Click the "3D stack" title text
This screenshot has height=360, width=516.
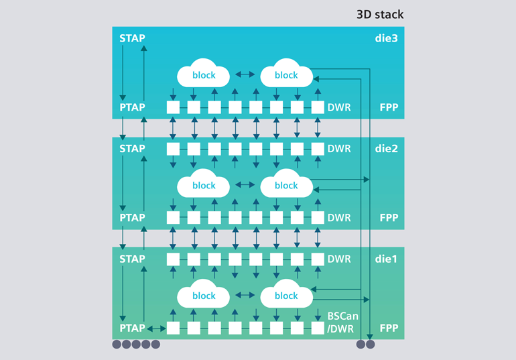(379, 14)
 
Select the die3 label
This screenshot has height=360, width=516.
(386, 38)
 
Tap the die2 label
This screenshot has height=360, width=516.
(386, 148)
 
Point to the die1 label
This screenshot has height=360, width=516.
(386, 258)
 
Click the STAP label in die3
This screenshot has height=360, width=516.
(131, 38)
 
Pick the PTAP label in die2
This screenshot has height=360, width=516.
(131, 218)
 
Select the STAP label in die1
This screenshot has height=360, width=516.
(131, 258)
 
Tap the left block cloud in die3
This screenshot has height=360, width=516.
(204, 75)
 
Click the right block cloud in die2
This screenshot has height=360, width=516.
(286, 185)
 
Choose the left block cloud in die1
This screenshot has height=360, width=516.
(204, 295)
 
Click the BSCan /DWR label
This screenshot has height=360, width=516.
(341, 321)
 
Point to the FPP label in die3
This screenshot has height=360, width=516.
(389, 107)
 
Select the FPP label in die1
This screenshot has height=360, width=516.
(389, 328)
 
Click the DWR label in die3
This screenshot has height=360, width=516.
(338, 107)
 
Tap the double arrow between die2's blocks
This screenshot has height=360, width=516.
(245, 185)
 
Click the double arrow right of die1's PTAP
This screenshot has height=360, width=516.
(156, 328)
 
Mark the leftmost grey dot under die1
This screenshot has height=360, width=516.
(117, 345)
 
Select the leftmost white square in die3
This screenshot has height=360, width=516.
(174, 107)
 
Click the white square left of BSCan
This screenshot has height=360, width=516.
(318, 328)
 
